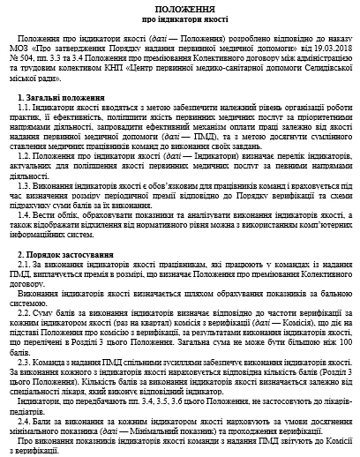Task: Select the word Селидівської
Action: (x=319, y=69)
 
